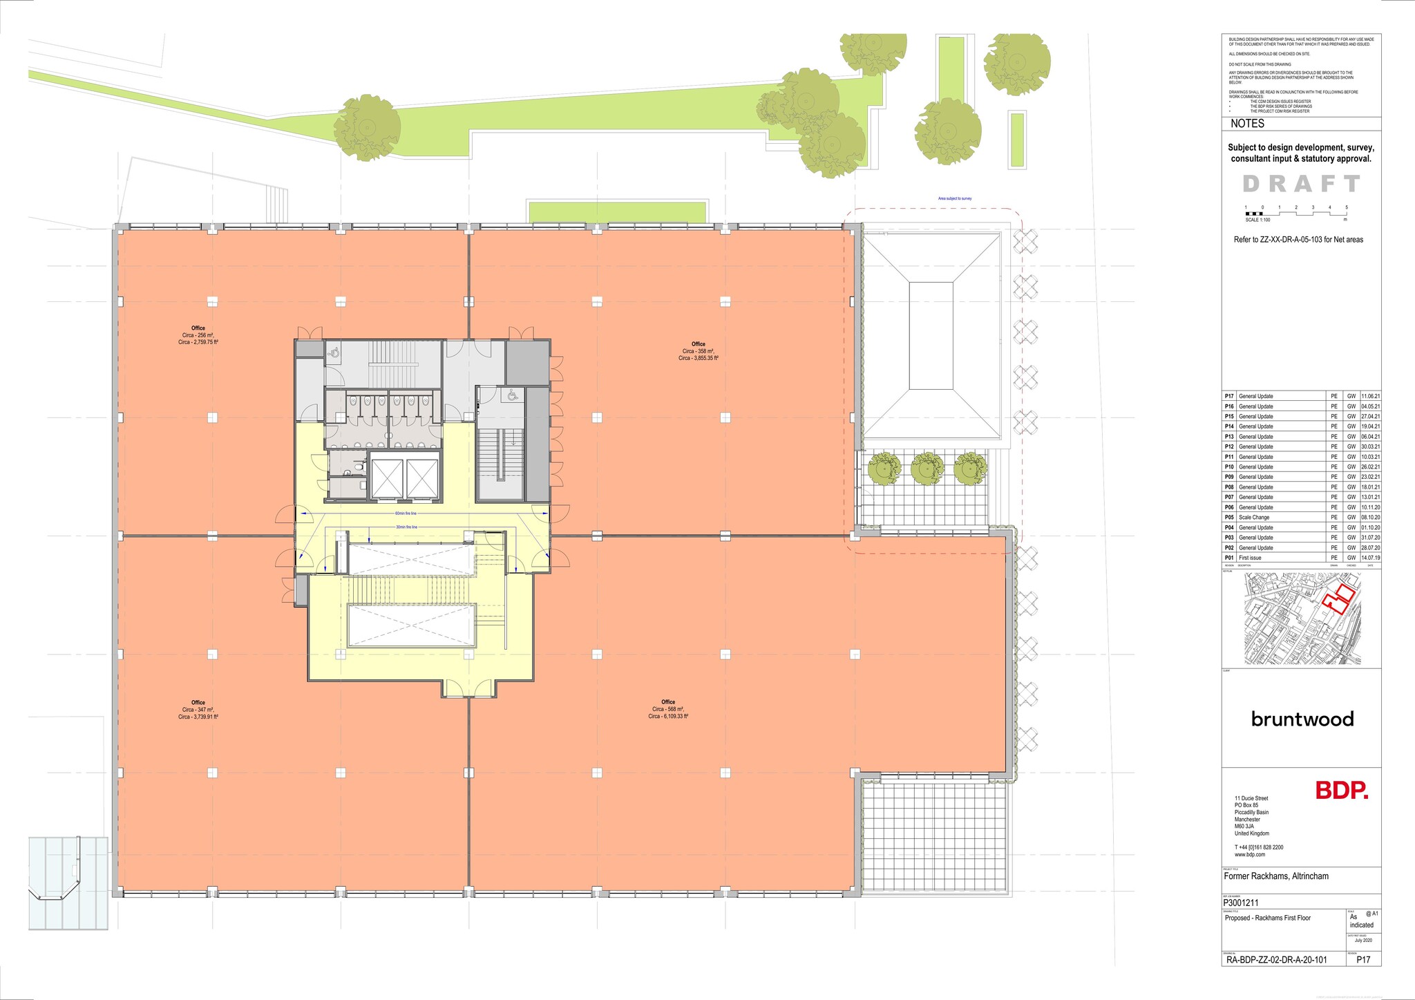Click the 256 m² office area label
(198, 335)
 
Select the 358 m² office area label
(699, 351)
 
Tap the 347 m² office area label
(198, 710)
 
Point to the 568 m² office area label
(668, 709)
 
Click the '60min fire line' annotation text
(406, 514)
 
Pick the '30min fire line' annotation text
(406, 527)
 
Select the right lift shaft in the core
(421, 478)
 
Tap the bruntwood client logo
(1302, 719)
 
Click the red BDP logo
(1341, 791)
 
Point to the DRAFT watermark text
(1302, 184)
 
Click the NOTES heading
(1248, 124)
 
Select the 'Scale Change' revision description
(1254, 518)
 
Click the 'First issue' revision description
(1250, 558)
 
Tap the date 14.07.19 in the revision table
(1371, 558)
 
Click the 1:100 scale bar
(1295, 213)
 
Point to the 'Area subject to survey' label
(955, 198)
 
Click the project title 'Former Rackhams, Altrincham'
(1276, 876)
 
